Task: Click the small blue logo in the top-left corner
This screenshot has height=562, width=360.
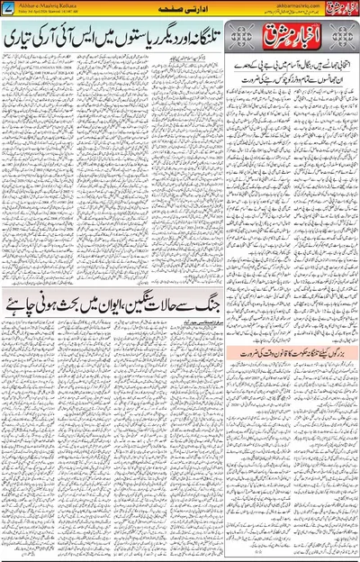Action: click(11, 8)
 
